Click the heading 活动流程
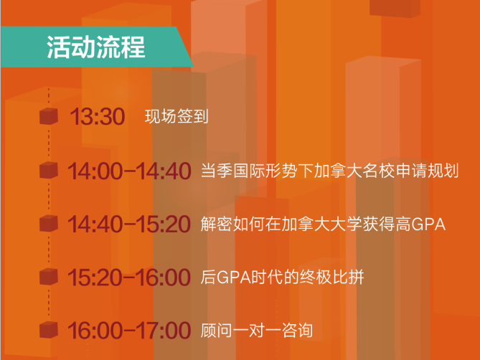(x=95, y=47)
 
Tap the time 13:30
(x=98, y=116)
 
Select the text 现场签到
(x=177, y=116)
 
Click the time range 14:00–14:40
(x=129, y=171)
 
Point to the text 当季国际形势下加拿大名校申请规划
(x=330, y=171)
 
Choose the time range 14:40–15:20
(x=129, y=224)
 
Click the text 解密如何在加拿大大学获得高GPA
(x=323, y=224)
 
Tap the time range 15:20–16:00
(x=129, y=278)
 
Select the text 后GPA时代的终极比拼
(x=282, y=278)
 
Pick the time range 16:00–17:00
(x=129, y=331)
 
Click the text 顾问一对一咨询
(x=257, y=331)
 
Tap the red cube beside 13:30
(x=49, y=116)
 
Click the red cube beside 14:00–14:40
(x=49, y=170)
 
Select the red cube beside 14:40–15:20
(x=49, y=224)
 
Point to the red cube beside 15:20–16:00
(x=49, y=277)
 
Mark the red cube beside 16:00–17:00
(x=49, y=330)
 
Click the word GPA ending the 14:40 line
(x=428, y=224)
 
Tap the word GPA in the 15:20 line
(x=234, y=278)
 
